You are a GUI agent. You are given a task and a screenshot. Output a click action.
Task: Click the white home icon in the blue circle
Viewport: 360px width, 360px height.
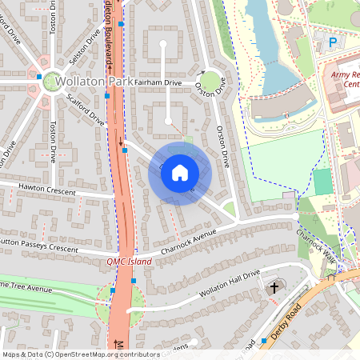click(180, 173)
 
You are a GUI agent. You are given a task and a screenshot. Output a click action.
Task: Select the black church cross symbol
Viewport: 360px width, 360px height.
click(274, 286)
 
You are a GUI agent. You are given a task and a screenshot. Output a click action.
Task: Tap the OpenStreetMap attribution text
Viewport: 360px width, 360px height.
click(80, 354)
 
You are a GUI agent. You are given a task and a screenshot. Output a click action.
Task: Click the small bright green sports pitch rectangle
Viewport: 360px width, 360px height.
click(322, 182)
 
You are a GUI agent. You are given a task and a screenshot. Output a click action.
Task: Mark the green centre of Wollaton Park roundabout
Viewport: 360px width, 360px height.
click(54, 80)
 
